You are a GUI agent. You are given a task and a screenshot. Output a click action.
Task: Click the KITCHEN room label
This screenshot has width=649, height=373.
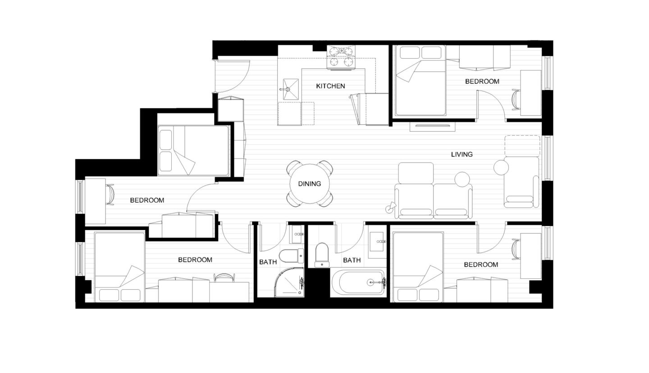coord(330,86)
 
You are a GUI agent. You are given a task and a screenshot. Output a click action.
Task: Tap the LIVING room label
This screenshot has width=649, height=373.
coord(462,155)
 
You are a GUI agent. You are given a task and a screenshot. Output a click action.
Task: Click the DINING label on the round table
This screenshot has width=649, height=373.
coord(309,184)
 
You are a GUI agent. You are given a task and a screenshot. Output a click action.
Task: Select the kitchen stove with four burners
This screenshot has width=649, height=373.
coord(341,57)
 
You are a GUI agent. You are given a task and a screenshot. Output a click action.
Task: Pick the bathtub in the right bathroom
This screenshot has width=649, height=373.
coord(358,283)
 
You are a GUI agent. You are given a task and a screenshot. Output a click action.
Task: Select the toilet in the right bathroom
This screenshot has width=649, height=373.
coord(322,255)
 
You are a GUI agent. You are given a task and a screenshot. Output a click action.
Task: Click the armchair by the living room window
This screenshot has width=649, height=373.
coord(521,182)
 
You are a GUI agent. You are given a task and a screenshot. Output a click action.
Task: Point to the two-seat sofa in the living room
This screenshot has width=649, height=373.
coord(433,201)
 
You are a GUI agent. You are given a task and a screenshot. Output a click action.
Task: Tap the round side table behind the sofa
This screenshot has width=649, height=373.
coord(462,179)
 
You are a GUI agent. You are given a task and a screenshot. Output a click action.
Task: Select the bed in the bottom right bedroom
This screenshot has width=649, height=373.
coord(418,267)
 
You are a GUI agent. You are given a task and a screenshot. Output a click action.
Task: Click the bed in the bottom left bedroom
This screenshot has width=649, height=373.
coord(119,267)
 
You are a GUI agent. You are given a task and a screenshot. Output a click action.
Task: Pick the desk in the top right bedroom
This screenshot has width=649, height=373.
coord(530,92)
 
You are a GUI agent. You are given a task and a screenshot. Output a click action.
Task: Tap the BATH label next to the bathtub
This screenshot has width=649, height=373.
coord(352,260)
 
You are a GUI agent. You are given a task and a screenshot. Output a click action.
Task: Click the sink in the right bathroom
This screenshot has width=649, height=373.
coord(377,242)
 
